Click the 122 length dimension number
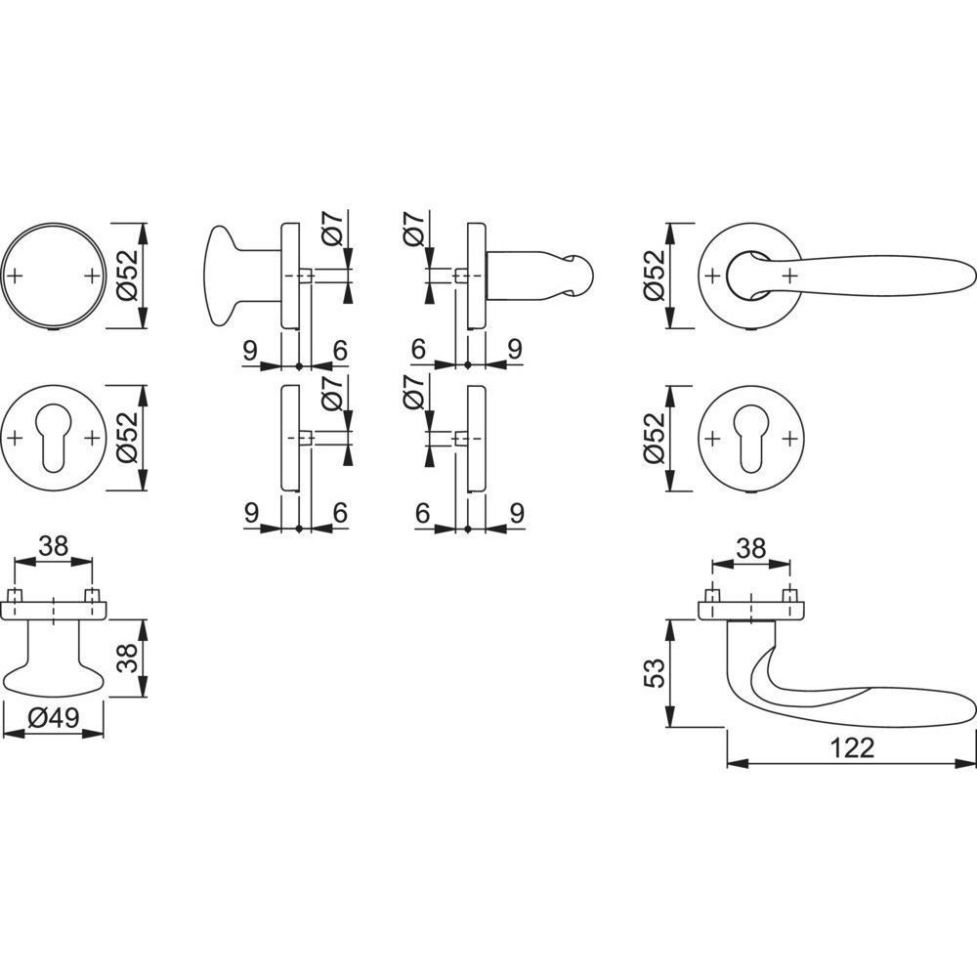click(852, 747)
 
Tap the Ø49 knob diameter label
click(54, 718)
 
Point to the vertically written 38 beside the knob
click(128, 658)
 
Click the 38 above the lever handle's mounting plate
click(750, 549)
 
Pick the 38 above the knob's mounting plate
click(53, 546)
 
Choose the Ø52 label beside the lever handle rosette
click(656, 276)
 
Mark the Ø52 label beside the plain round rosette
click(128, 276)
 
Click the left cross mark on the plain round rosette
click(16, 276)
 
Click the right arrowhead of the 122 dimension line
click(964, 763)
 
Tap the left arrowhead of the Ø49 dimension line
click(14, 734)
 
